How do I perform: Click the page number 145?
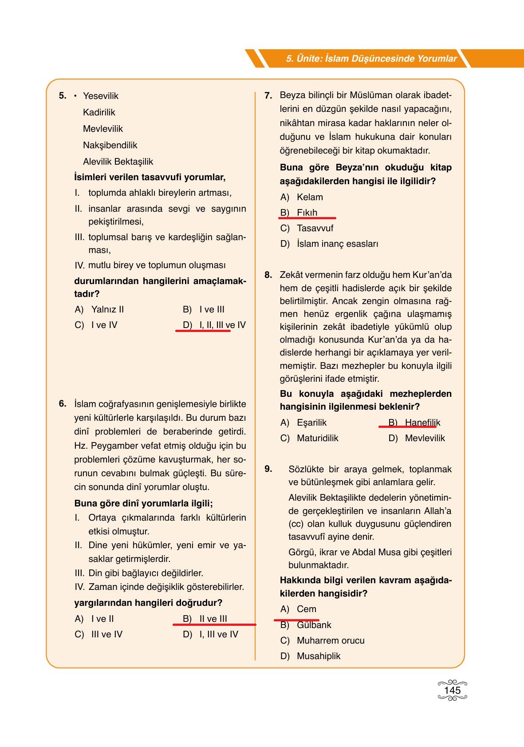(x=452, y=690)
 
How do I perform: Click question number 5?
(x=62, y=95)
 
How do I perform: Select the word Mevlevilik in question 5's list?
(x=102, y=129)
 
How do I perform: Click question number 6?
(x=62, y=403)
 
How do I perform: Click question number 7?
(x=268, y=95)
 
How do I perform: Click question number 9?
(x=268, y=469)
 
